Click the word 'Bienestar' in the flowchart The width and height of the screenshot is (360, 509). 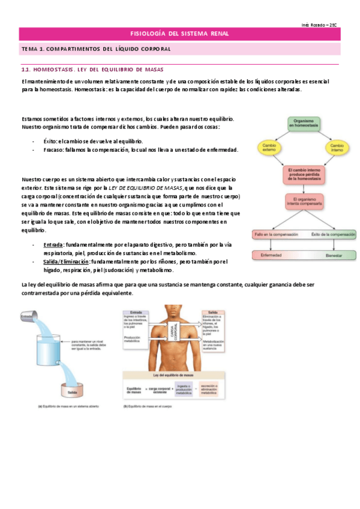click(334, 255)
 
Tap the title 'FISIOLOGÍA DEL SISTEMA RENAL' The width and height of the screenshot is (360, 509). click(179, 34)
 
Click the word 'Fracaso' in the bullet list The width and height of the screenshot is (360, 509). click(54, 149)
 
